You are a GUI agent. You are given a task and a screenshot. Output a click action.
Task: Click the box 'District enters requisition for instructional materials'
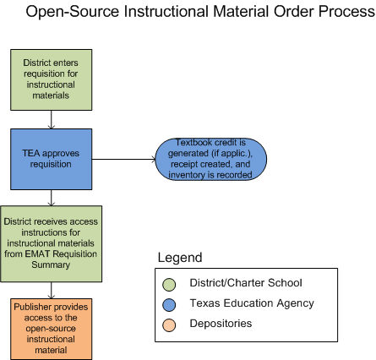tap(52, 79)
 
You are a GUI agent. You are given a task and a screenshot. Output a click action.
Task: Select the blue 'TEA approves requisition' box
tap(52, 159)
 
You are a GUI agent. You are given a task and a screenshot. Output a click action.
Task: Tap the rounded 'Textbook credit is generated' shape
tap(211, 159)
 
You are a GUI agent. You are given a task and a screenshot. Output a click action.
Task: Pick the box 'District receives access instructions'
tap(52, 243)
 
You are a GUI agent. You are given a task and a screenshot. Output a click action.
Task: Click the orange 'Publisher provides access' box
tap(52, 329)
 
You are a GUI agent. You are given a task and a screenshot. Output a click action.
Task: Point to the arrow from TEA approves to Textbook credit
tap(123, 159)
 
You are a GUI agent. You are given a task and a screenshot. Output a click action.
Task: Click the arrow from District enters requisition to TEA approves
tap(52, 120)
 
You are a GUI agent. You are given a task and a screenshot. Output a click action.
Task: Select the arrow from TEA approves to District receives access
tap(52, 198)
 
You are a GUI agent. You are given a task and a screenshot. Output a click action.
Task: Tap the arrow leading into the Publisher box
tap(52, 290)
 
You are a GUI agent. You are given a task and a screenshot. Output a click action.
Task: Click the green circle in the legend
tap(169, 285)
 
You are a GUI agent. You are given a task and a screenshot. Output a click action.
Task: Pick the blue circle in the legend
tap(169, 305)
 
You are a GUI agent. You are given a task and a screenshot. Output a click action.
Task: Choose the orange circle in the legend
tap(169, 325)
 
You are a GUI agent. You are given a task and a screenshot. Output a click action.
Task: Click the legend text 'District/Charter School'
tap(246, 283)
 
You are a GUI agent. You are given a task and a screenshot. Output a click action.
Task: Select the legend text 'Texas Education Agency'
tap(252, 303)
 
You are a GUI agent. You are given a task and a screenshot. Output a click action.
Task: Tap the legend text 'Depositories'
tap(221, 324)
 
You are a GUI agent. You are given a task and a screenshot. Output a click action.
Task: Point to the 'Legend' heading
tap(180, 258)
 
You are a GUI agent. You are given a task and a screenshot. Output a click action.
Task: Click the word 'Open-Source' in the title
tap(73, 12)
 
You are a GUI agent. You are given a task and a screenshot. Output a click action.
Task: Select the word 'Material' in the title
tap(241, 12)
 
